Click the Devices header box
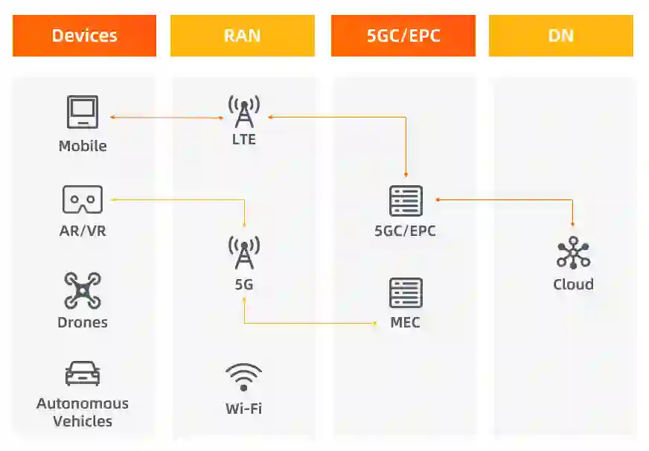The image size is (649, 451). (84, 36)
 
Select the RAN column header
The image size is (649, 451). (242, 36)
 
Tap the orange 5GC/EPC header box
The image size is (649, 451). (403, 36)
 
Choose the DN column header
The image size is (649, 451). (560, 36)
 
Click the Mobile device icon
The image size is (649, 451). (82, 112)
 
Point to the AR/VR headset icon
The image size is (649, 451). (82, 199)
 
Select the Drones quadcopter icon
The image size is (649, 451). (82, 291)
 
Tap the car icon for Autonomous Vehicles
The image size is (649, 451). (82, 374)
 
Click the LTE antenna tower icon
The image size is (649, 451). (244, 112)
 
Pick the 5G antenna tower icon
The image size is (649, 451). (244, 253)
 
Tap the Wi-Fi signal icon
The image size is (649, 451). (244, 377)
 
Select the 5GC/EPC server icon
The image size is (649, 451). (406, 201)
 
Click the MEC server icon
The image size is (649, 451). (406, 293)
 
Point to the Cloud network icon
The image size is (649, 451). (573, 254)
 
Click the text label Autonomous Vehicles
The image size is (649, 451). (83, 412)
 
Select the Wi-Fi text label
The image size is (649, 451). (243, 409)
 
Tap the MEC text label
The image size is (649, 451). (406, 323)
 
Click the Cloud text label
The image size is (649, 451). (573, 284)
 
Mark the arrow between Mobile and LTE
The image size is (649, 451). (167, 117)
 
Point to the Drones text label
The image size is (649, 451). (83, 322)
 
